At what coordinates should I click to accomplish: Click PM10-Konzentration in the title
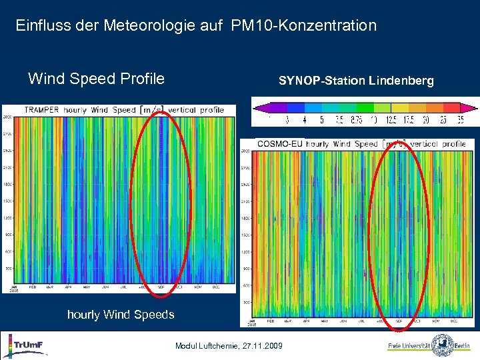tap(304, 26)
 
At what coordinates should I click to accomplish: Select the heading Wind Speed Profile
tap(96, 79)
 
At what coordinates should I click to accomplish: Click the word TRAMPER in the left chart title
tap(41, 110)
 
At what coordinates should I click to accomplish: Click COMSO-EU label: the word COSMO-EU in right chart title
tap(280, 144)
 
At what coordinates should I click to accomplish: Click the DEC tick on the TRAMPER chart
tap(215, 289)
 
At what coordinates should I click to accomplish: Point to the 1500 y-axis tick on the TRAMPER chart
tap(8, 201)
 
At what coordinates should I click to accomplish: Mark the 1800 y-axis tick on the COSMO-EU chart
tap(245, 218)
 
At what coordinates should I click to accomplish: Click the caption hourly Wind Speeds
tap(121, 315)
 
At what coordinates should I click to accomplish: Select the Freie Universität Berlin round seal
tap(443, 345)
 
